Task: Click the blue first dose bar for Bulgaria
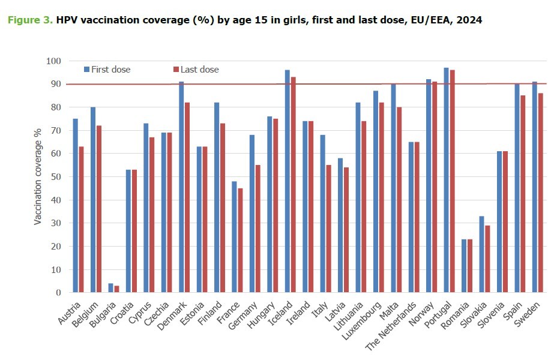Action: [x=110, y=288]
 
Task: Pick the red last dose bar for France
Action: [x=239, y=240]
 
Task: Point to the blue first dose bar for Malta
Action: [x=393, y=188]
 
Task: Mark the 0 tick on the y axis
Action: [x=58, y=293]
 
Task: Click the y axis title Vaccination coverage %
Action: [x=37, y=177]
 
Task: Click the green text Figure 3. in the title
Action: [x=29, y=20]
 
